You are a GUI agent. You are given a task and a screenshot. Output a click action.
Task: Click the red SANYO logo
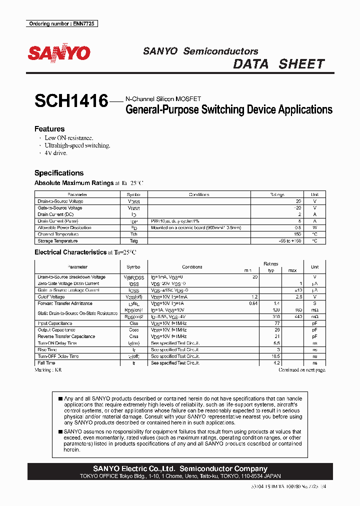coord(59,53)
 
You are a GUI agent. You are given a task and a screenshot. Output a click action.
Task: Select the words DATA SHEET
coord(279,64)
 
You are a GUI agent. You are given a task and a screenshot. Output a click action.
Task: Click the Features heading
coord(49,129)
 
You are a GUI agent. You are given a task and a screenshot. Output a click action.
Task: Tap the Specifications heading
coord(59,173)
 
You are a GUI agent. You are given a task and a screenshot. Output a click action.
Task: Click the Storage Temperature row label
coord(57,241)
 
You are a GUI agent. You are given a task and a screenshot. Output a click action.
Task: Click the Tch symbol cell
coord(133,234)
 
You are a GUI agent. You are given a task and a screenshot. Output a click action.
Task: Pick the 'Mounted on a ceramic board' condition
coord(195,227)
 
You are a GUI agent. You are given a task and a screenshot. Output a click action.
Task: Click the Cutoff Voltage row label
coord(51,297)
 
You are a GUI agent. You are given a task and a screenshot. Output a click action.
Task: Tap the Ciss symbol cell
coord(133,323)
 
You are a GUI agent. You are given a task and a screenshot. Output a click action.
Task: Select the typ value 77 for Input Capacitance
coord(276,323)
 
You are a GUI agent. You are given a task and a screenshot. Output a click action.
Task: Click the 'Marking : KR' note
coord(48,370)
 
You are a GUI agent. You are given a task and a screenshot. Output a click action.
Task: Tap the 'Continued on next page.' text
coord(302,370)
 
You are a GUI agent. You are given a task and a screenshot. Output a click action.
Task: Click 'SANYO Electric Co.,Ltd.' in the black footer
coord(134,468)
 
